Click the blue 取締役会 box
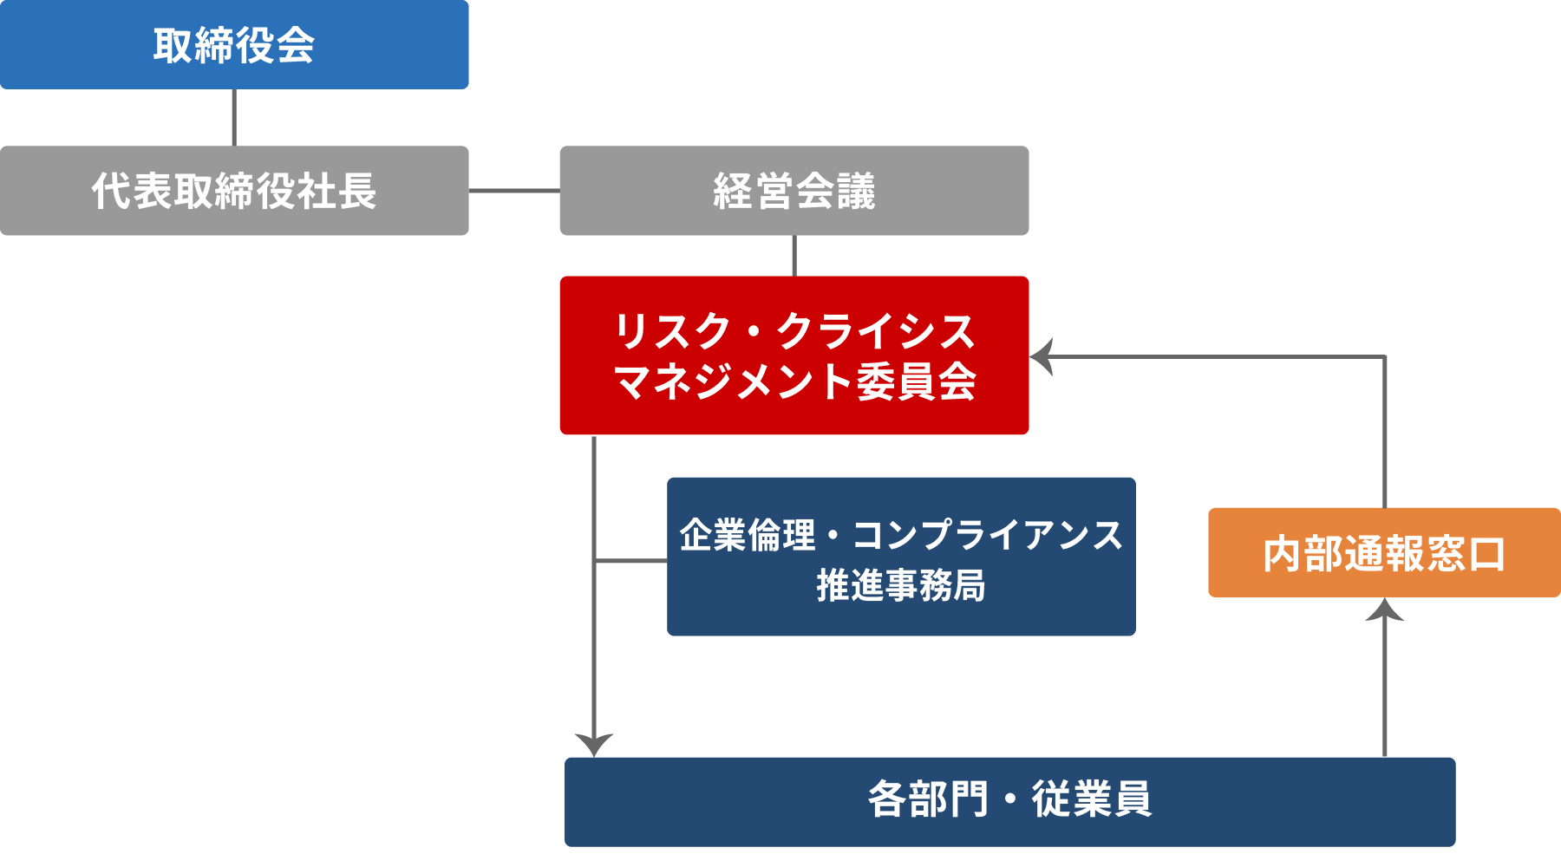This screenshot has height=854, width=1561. (x=234, y=45)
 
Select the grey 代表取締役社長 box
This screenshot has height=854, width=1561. (x=234, y=191)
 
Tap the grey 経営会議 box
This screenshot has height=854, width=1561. (x=794, y=191)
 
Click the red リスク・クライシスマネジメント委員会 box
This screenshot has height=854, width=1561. (x=794, y=355)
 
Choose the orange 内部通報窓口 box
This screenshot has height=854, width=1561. (x=1384, y=553)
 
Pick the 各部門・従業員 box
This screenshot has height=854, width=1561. (x=1009, y=801)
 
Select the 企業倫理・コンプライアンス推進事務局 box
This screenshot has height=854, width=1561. (x=901, y=557)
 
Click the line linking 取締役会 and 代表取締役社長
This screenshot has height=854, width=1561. (x=234, y=117)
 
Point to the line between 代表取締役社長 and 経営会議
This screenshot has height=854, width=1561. (x=513, y=191)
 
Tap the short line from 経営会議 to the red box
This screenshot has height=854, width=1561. (x=794, y=256)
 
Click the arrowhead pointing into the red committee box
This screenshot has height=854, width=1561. (x=1042, y=356)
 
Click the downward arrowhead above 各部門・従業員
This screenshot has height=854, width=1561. (x=594, y=744)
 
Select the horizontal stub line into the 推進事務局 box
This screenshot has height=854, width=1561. (x=630, y=561)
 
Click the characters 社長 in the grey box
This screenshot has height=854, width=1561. (x=336, y=191)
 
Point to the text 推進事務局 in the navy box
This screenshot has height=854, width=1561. (x=901, y=586)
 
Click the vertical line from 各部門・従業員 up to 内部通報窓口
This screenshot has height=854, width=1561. (x=1384, y=685)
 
